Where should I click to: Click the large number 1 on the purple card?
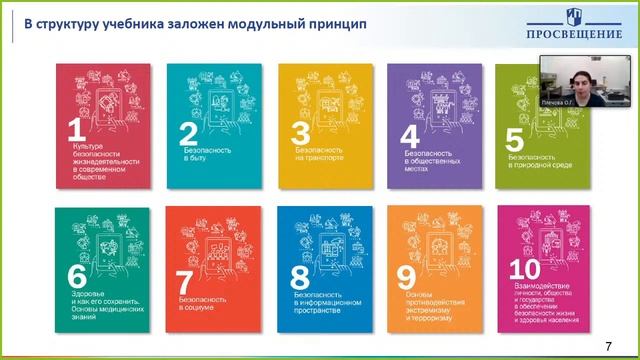72,129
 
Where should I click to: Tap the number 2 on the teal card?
186,134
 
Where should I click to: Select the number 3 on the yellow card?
297,134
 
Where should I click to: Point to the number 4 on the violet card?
408,136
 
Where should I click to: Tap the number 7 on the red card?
185,282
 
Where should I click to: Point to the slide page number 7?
609,345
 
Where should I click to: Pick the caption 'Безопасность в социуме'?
200,303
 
